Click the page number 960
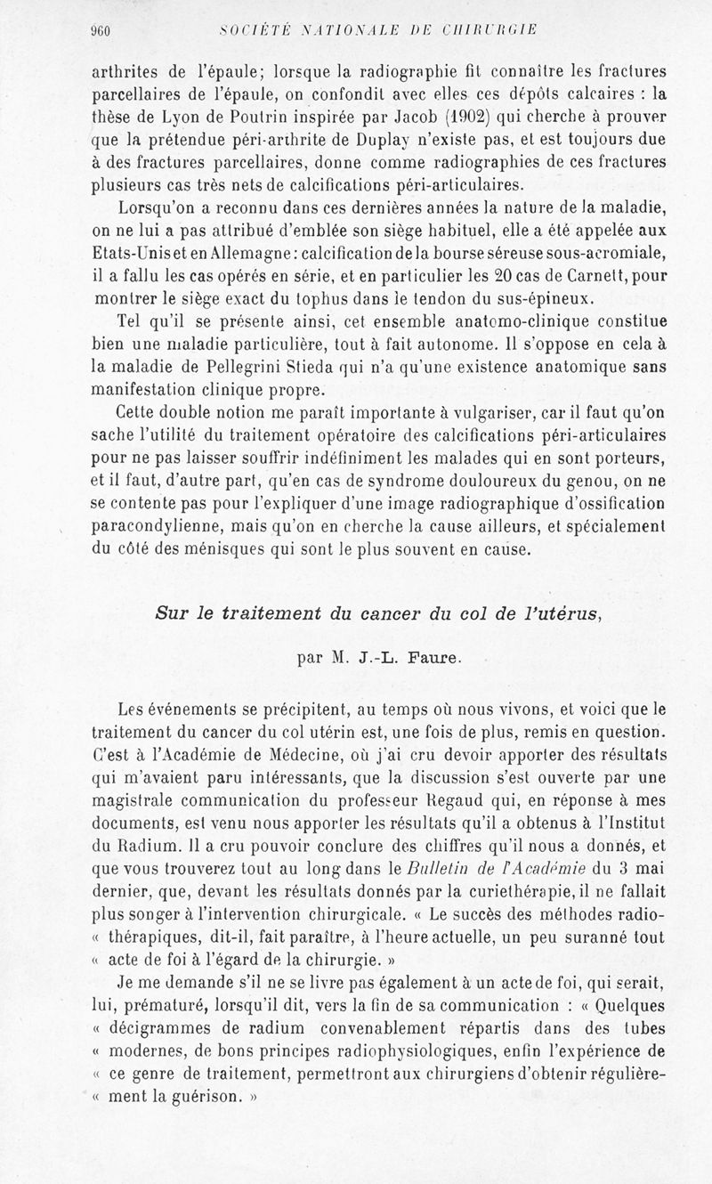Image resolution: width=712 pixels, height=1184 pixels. point(99,30)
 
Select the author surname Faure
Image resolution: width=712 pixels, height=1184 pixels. point(441,660)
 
